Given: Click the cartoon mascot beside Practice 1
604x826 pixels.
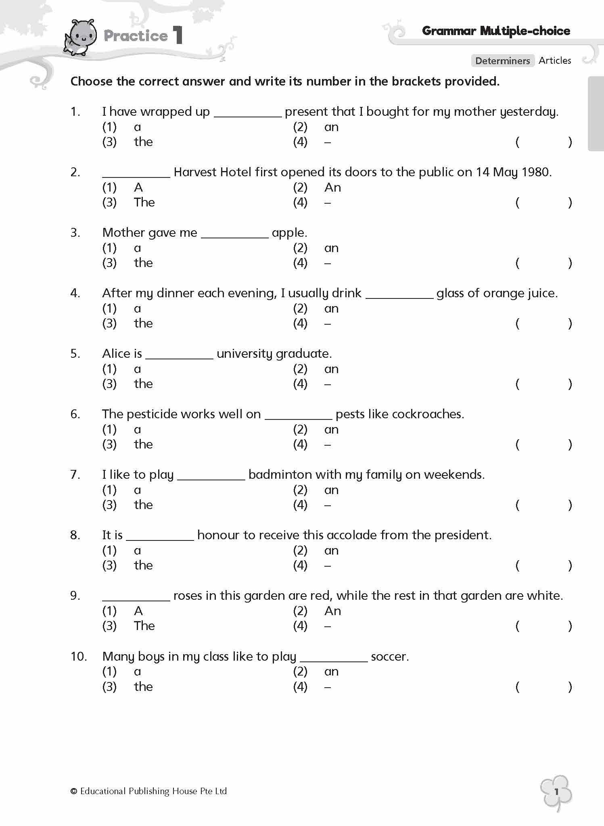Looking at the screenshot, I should pyautogui.click(x=81, y=38).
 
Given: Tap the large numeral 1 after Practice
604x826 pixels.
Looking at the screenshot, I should pyautogui.click(x=178, y=35).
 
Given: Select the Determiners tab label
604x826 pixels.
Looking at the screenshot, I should pyautogui.click(x=502, y=61).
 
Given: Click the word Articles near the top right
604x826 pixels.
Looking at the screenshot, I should pyautogui.click(x=555, y=60).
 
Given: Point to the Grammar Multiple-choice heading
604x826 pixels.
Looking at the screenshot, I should pyautogui.click(x=496, y=31).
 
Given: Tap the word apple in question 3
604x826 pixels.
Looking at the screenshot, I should pyautogui.click(x=288, y=233).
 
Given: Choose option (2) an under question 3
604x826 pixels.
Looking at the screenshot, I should pyautogui.click(x=331, y=248).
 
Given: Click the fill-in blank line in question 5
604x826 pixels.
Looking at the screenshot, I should pyautogui.click(x=179, y=357).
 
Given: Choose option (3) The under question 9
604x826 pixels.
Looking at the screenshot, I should pyautogui.click(x=144, y=626).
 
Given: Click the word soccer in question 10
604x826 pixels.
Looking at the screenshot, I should pyautogui.click(x=389, y=657).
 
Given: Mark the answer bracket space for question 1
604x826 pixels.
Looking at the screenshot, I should pyautogui.click(x=543, y=142).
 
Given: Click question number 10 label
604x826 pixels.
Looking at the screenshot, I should pyautogui.click(x=78, y=657).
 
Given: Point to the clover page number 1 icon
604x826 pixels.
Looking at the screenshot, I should pyautogui.click(x=556, y=792).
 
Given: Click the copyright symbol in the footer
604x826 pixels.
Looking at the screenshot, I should pyautogui.click(x=73, y=791).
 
